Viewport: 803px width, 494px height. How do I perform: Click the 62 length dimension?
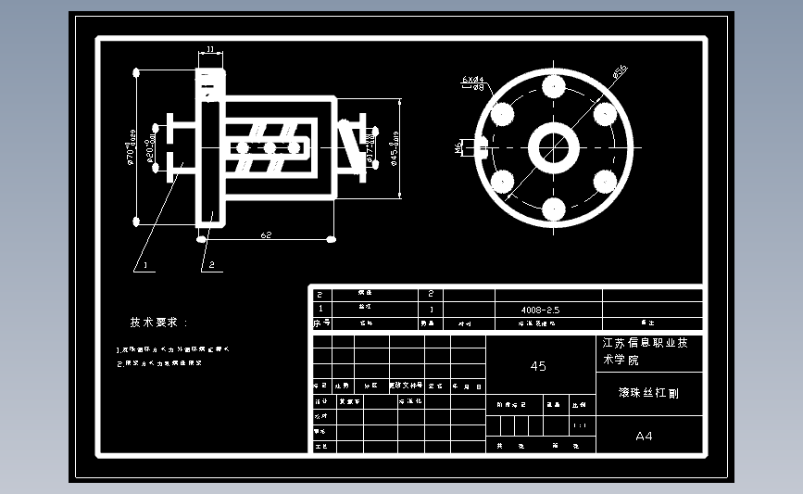[266, 234]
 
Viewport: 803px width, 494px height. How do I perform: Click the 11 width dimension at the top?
[210, 49]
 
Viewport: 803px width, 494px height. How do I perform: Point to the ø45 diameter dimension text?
[395, 146]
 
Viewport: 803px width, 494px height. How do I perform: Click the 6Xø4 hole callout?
[473, 82]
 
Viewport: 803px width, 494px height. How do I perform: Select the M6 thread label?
[458, 146]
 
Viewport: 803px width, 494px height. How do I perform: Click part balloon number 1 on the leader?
[143, 265]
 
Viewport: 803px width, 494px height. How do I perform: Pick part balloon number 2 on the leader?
[211, 265]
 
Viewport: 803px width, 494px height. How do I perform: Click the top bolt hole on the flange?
[554, 88]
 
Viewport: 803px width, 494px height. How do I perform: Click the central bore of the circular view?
[554, 147]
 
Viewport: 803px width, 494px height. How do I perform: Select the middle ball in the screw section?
[270, 147]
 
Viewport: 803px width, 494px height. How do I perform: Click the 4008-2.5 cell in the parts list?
[541, 310]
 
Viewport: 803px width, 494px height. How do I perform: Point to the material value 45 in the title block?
[538, 366]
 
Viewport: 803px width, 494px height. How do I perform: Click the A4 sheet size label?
[644, 436]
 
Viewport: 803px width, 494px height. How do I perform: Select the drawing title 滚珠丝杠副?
[648, 393]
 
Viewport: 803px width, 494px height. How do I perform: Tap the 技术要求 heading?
[158, 323]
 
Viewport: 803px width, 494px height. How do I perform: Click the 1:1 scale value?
[580, 425]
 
